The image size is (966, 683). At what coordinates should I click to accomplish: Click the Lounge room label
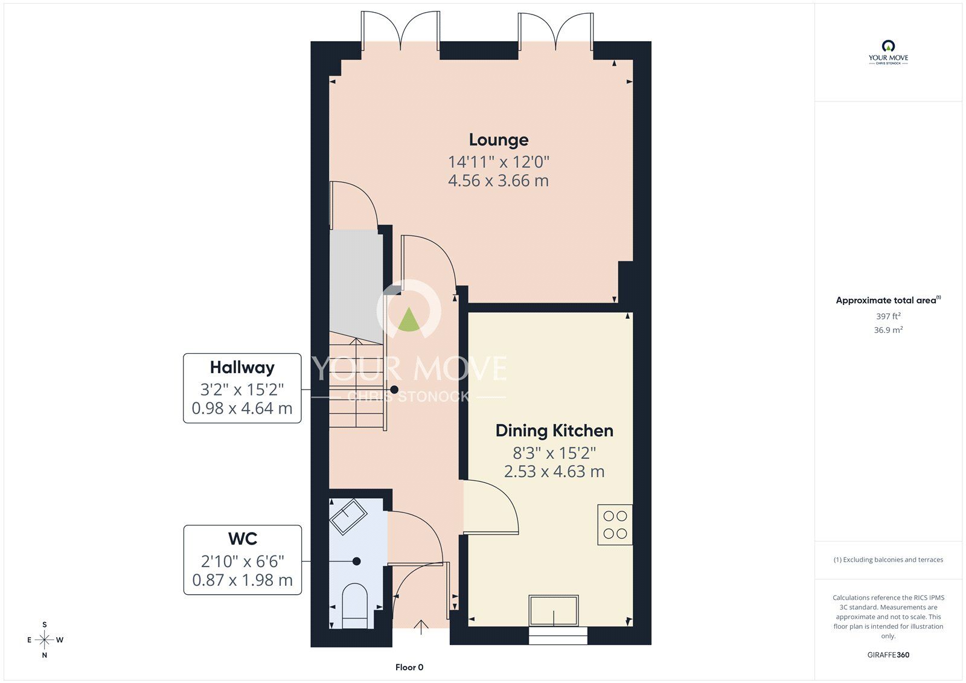coord(499,140)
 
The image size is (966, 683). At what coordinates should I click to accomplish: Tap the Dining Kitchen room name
coord(554,431)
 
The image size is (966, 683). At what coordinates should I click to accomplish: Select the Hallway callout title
coord(242,367)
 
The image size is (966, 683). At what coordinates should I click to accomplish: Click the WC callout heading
coord(243,538)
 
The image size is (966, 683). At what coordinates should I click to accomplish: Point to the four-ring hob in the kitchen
coord(615,525)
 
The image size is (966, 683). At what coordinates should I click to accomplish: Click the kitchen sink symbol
coord(554,611)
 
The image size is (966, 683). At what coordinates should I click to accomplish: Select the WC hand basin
coord(348,516)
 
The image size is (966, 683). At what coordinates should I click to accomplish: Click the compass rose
coord(45,640)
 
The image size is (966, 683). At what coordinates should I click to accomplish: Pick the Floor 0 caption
coord(409,667)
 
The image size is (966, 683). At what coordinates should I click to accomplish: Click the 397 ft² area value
coord(888,316)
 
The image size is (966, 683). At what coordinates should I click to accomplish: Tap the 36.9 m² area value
coord(888,330)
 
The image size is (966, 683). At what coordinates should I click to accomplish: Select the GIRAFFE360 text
coord(888,655)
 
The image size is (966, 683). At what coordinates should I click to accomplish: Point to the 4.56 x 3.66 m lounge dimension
coord(499,181)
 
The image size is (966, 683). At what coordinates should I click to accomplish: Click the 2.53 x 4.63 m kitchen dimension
coord(554,472)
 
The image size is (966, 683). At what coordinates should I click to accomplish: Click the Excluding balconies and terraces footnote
coord(888,560)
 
